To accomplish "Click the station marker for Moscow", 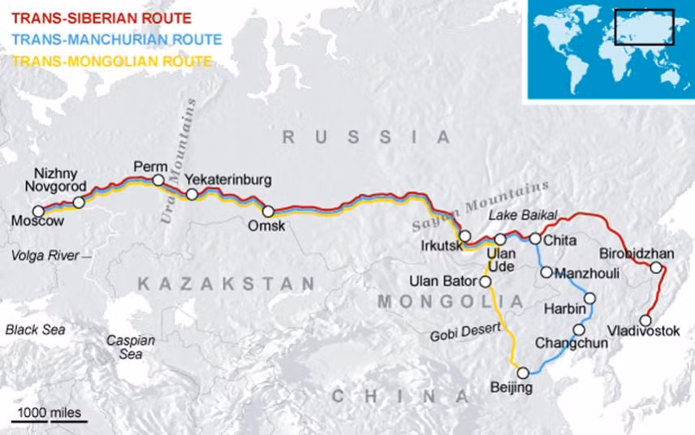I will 37,211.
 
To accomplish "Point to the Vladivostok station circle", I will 646,320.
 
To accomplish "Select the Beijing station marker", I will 524,373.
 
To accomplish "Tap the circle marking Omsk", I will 268,212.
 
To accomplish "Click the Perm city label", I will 150,165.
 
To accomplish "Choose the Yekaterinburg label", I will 227,179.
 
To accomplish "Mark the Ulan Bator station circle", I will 486,282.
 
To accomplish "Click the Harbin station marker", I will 590,298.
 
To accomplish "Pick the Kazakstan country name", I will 226,284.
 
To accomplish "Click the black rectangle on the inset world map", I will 644,27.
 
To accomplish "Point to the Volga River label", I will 45,256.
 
